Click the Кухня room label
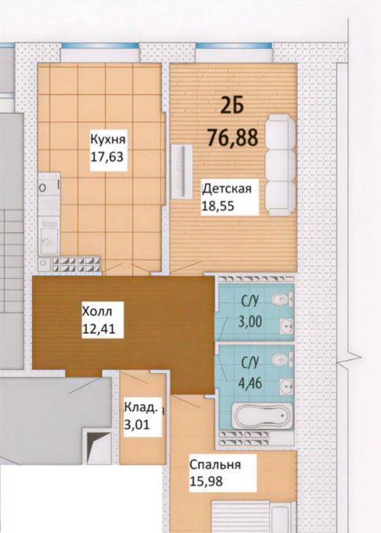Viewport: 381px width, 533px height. (108, 140)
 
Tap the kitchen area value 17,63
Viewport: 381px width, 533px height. (107, 157)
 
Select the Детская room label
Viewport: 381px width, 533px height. (227, 188)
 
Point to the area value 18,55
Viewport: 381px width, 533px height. (218, 206)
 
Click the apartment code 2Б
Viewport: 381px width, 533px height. (233, 106)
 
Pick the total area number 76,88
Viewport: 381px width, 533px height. (233, 137)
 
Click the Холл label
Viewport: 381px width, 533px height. (97, 311)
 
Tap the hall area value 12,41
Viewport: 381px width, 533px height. (99, 329)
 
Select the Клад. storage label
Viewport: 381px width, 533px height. (141, 407)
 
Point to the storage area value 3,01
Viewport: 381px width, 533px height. (137, 424)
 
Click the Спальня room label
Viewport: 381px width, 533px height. (215, 465)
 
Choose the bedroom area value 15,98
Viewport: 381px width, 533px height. (207, 481)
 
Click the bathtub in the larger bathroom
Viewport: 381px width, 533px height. (262, 416)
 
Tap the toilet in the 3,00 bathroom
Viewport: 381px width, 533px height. (282, 299)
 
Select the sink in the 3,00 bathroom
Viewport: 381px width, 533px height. (287, 326)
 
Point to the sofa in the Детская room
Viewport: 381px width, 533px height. (280, 165)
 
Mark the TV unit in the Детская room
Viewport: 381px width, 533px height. (182, 172)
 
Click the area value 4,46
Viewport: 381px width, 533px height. (250, 384)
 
